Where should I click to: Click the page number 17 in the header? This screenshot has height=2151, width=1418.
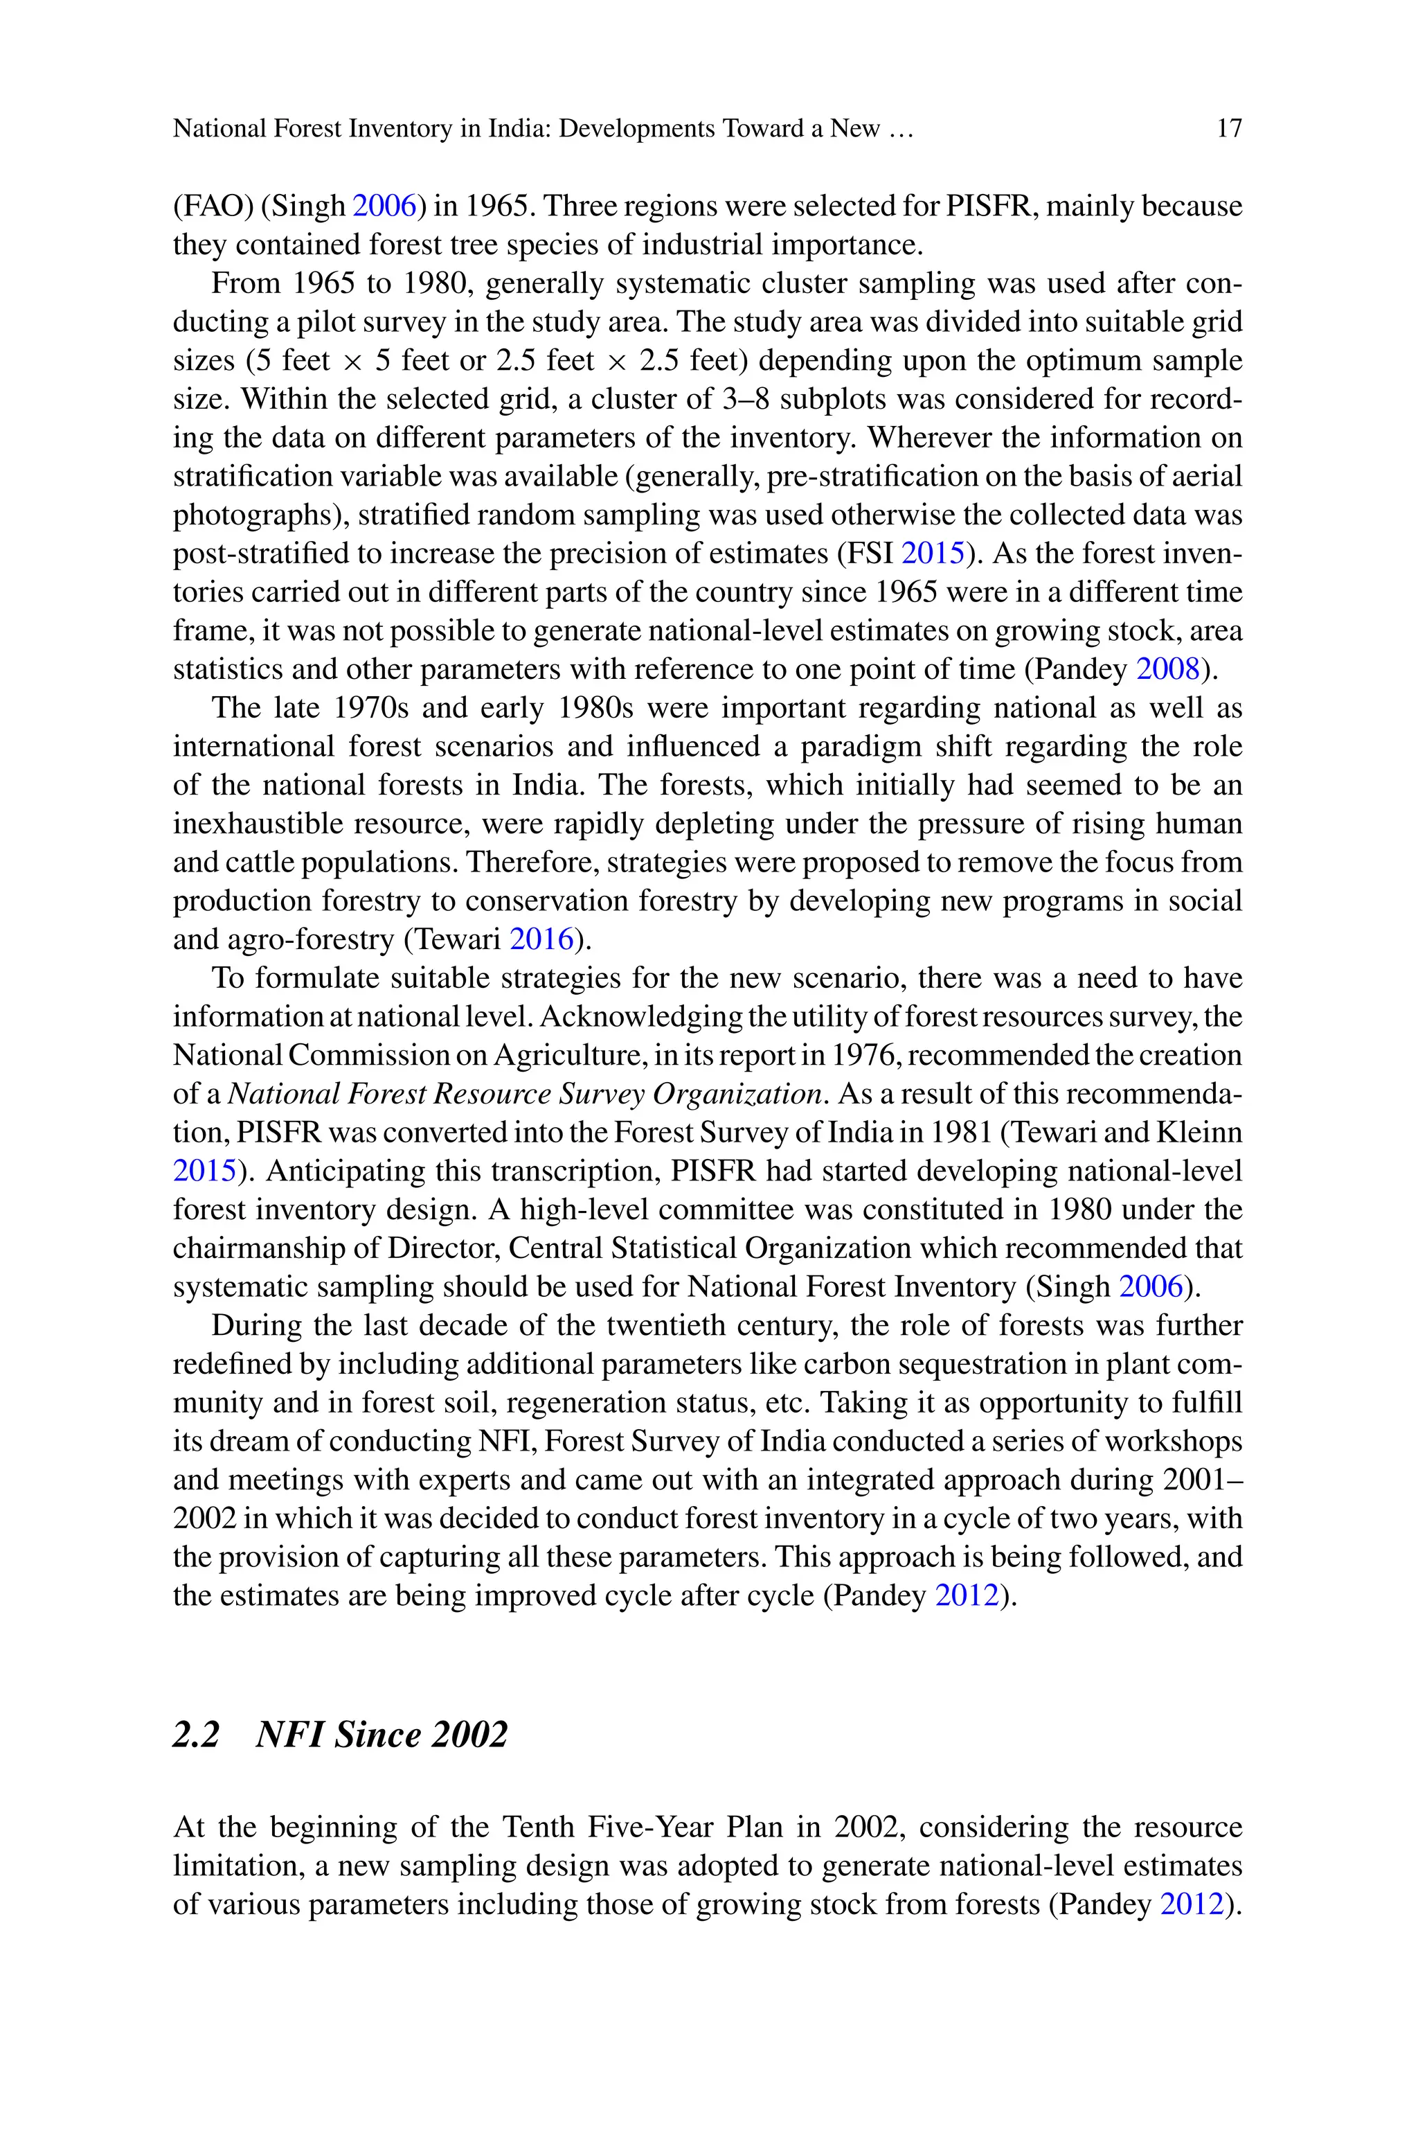coord(1229,128)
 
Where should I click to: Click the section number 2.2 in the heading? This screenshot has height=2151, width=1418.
coord(196,1735)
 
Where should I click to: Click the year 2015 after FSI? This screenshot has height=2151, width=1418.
coord(933,554)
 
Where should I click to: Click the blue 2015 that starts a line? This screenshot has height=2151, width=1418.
coord(204,1171)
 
